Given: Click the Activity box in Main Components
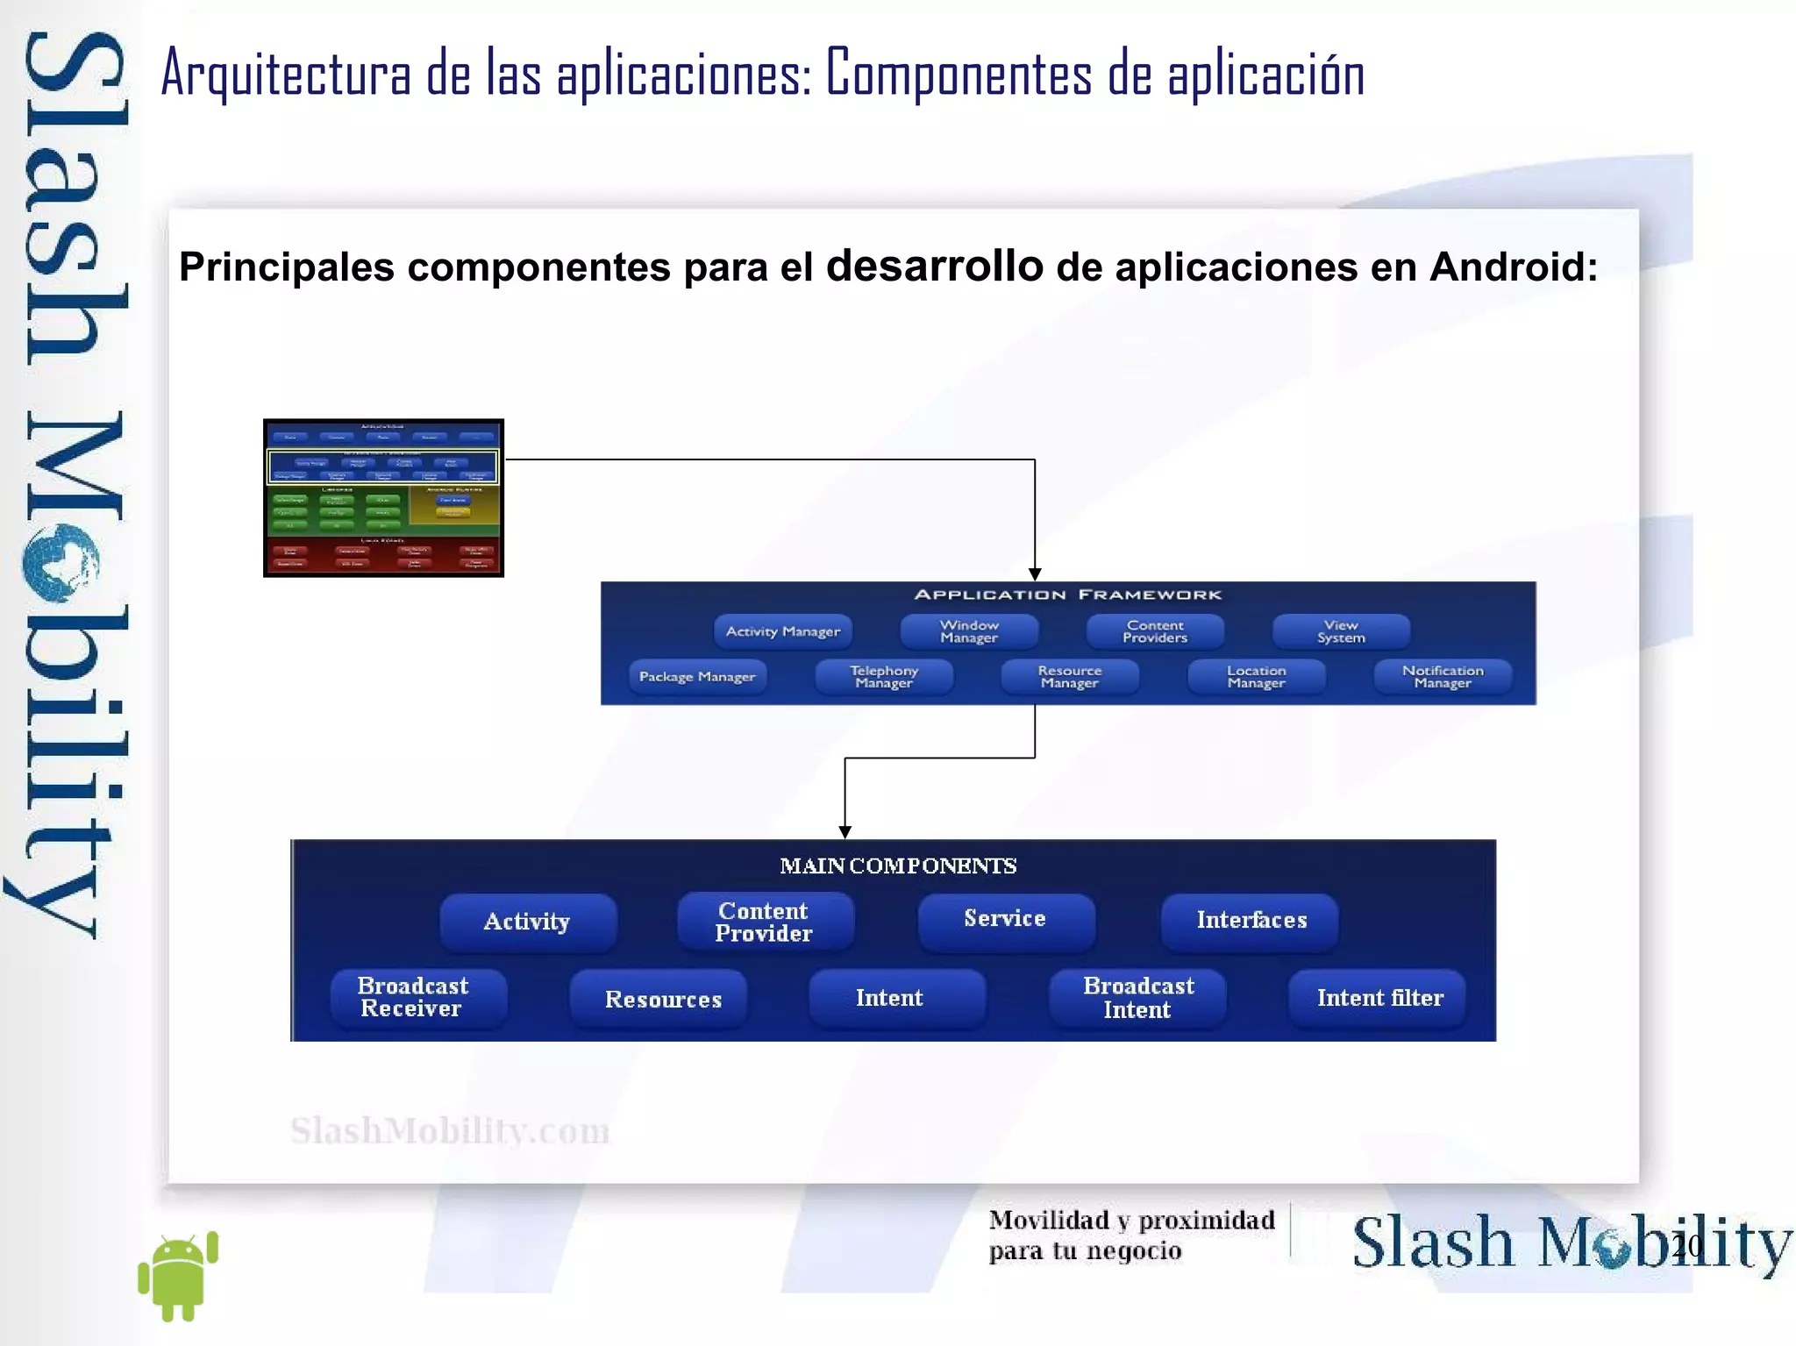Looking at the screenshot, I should point(528,922).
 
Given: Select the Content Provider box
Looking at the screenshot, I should point(765,922).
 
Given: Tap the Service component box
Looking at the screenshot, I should point(1006,920).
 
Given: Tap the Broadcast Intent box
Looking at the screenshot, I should point(1137,998).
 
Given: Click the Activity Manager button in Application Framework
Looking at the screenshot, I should point(782,631).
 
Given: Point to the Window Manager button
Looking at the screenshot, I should point(969,631).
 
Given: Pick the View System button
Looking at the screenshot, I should point(1341,631).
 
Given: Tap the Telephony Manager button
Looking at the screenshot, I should point(884,677).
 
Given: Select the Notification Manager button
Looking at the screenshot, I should point(1443,677).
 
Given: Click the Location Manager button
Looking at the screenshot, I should point(1256,677).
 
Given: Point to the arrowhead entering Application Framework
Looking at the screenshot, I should point(1035,573).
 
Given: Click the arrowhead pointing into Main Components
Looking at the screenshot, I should point(845,831).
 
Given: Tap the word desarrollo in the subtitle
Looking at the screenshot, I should point(935,265).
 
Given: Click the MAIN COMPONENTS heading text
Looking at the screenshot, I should point(898,866).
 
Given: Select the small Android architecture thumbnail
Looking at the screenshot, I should point(383,497).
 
